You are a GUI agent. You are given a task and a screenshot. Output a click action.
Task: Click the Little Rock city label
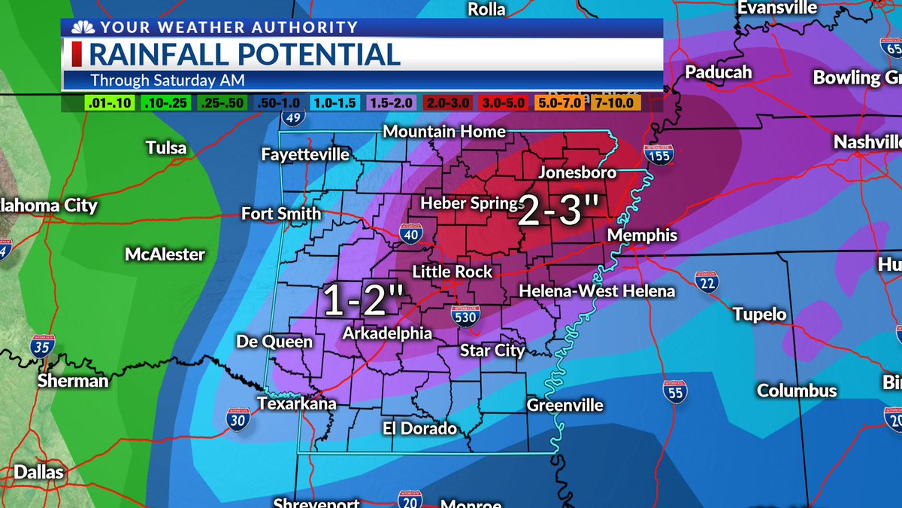(453, 272)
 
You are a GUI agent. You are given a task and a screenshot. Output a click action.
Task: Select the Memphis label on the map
(642, 236)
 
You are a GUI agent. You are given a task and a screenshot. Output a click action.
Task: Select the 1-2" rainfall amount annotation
(360, 301)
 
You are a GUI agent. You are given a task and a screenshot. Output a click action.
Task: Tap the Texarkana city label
(296, 403)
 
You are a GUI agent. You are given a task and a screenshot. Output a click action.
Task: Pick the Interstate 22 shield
(706, 283)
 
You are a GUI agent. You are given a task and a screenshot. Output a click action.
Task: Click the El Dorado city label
(419, 428)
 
